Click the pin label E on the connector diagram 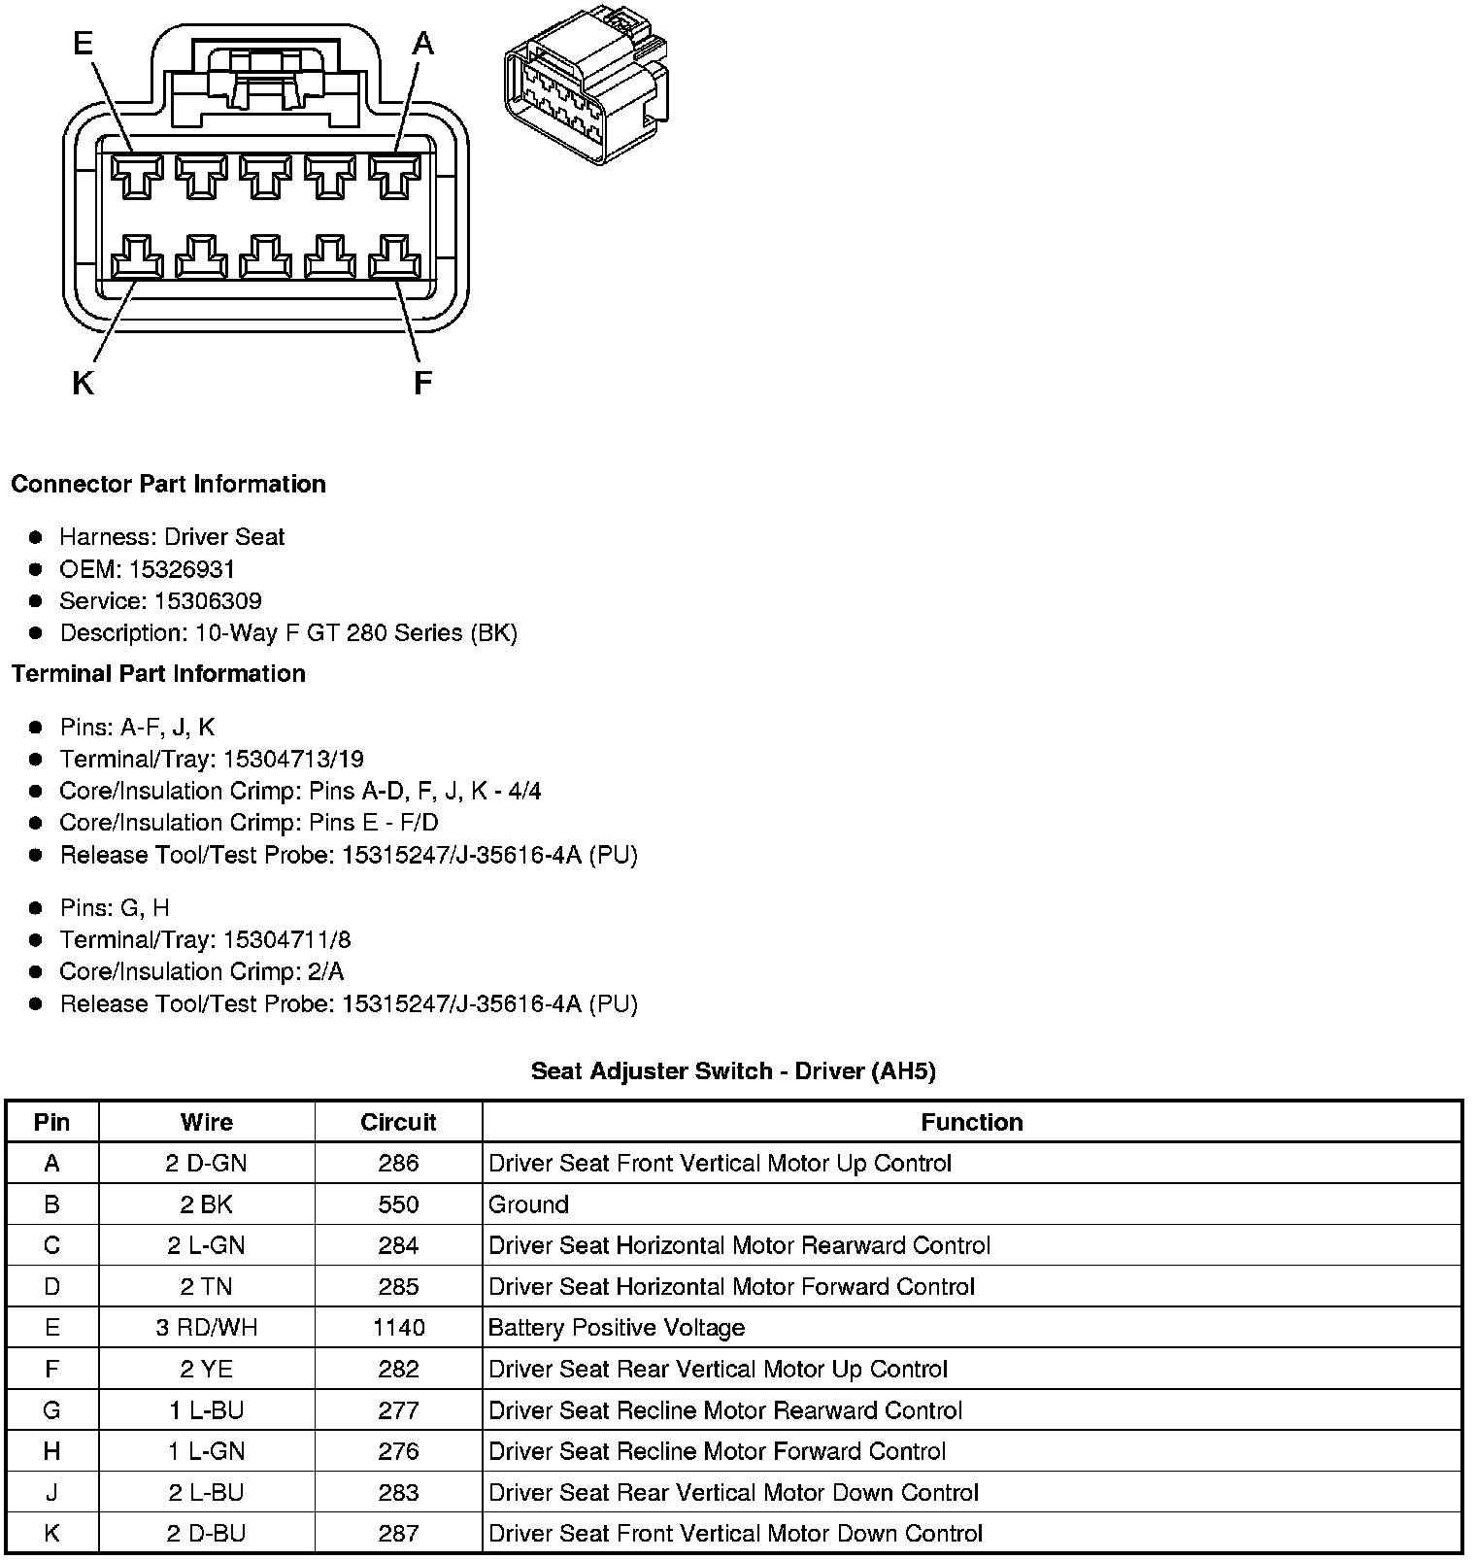pyautogui.click(x=84, y=44)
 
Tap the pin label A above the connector pyautogui.click(x=423, y=44)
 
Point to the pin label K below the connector pyautogui.click(x=84, y=385)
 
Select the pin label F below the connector pyautogui.click(x=422, y=385)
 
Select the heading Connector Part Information pyautogui.click(x=168, y=485)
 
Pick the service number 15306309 pyautogui.click(x=207, y=601)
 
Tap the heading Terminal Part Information pyautogui.click(x=158, y=674)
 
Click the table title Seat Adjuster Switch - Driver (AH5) pyautogui.click(x=733, y=1071)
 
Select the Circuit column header pyautogui.click(x=398, y=1123)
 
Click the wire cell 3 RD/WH pyautogui.click(x=207, y=1328)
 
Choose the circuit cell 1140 pyautogui.click(x=398, y=1328)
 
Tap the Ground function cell pyautogui.click(x=529, y=1204)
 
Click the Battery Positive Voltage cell pyautogui.click(x=617, y=1328)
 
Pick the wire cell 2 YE pyautogui.click(x=207, y=1370)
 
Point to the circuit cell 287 pyautogui.click(x=398, y=1534)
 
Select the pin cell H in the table pyautogui.click(x=52, y=1451)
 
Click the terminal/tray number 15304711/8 pyautogui.click(x=286, y=940)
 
